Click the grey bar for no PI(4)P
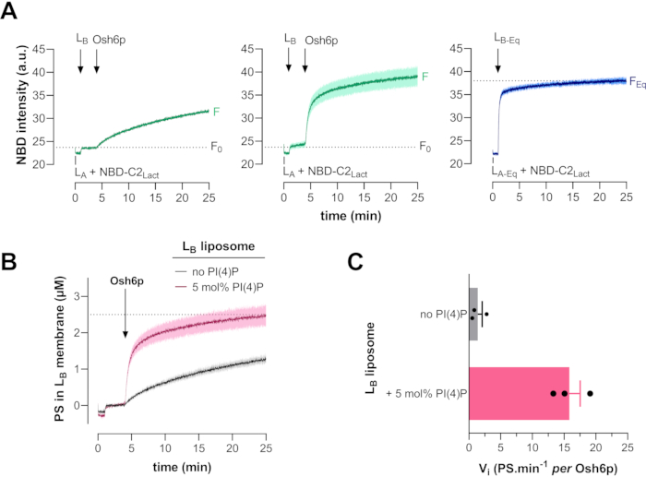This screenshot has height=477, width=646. coord(473,313)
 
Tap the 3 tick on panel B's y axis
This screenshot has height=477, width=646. coord(85,295)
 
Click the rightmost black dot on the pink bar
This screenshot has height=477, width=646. coord(590,393)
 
